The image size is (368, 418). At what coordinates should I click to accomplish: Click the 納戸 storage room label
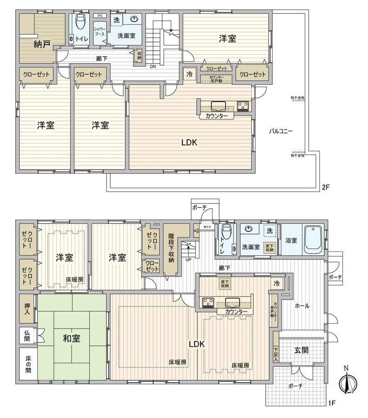coord(41,45)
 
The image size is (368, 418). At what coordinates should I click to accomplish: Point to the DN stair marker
coord(153,66)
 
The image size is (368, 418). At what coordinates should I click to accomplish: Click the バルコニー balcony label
coord(281,131)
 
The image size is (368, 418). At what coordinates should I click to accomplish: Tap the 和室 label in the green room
coord(71,338)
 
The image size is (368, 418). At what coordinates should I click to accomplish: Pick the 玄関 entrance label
coord(301,350)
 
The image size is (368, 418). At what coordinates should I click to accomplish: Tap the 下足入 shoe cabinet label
coord(276,354)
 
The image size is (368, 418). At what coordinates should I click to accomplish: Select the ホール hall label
coord(302,306)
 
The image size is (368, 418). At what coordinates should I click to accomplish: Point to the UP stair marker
coord(188,259)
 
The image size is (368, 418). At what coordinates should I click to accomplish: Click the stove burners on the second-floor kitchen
coord(243,106)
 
